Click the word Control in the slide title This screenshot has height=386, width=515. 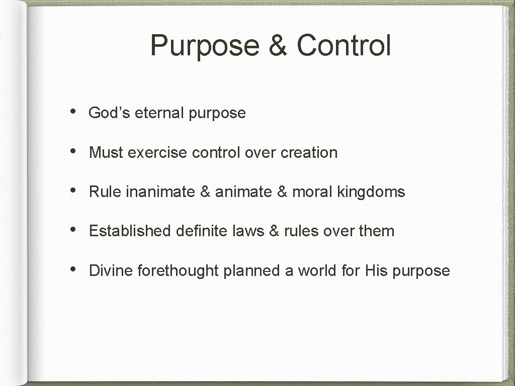344,45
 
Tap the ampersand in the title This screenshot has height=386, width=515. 277,45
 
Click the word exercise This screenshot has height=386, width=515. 158,152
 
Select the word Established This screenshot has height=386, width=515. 130,231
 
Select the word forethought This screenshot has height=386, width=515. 178,271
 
